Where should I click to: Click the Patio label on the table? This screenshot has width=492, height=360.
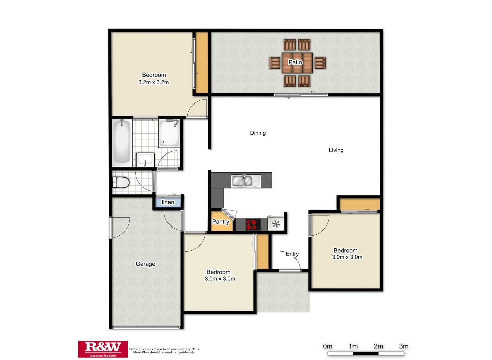[295, 62]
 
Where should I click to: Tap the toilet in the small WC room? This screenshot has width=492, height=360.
[121, 183]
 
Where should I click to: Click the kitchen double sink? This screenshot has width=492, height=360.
[242, 181]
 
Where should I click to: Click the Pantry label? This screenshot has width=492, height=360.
[221, 222]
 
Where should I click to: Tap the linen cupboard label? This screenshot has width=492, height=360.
[168, 202]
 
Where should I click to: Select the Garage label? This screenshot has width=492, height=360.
[145, 264]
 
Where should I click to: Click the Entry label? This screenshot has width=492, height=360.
[292, 254]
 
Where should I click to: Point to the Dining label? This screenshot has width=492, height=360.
[258, 133]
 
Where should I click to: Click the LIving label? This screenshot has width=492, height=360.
[336, 150]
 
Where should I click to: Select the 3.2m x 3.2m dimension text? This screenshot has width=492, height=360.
[154, 82]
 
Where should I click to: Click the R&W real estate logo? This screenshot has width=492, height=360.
[103, 349]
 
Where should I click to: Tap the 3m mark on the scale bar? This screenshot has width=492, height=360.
[403, 346]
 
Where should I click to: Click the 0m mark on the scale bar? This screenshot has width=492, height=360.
[327, 346]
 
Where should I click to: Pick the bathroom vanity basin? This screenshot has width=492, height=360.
[145, 160]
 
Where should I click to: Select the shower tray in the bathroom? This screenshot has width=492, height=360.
[169, 133]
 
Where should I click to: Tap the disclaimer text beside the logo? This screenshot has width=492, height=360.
[164, 350]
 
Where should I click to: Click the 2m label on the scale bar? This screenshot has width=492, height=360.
[378, 346]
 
